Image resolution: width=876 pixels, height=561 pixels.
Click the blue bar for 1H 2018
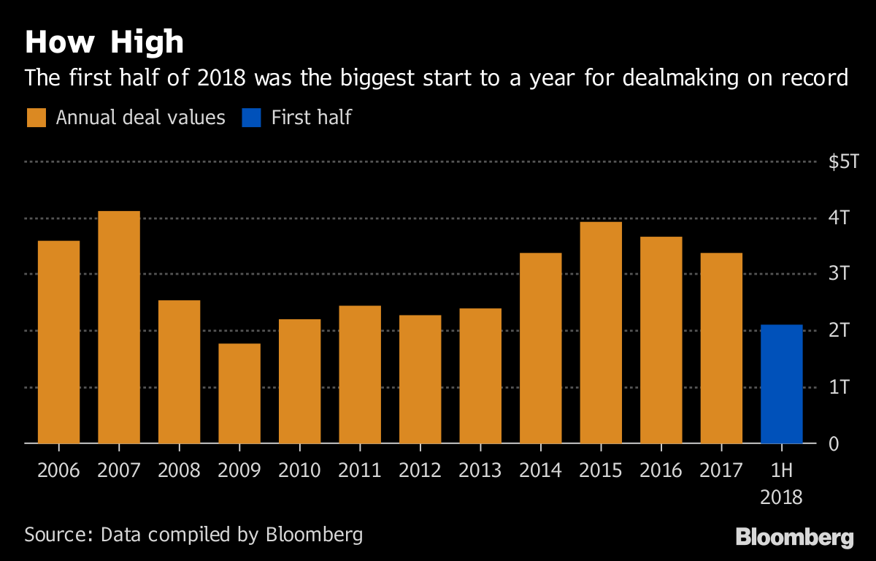click(781, 384)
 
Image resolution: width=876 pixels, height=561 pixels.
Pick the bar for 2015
click(601, 332)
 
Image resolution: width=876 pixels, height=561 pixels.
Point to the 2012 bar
click(420, 379)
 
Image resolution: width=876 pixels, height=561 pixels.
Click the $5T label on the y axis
click(844, 161)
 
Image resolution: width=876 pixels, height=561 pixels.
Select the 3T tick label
click(839, 274)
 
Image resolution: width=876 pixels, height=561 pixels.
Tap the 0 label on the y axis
click(834, 444)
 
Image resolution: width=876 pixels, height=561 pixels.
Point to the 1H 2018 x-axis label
click(781, 484)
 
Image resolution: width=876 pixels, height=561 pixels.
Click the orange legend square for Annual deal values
click(36, 118)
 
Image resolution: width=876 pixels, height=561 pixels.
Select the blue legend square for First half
click(252, 118)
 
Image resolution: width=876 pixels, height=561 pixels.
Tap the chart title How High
click(104, 42)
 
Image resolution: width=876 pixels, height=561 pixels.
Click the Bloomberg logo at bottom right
click(794, 538)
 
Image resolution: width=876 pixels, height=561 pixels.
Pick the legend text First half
click(312, 118)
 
